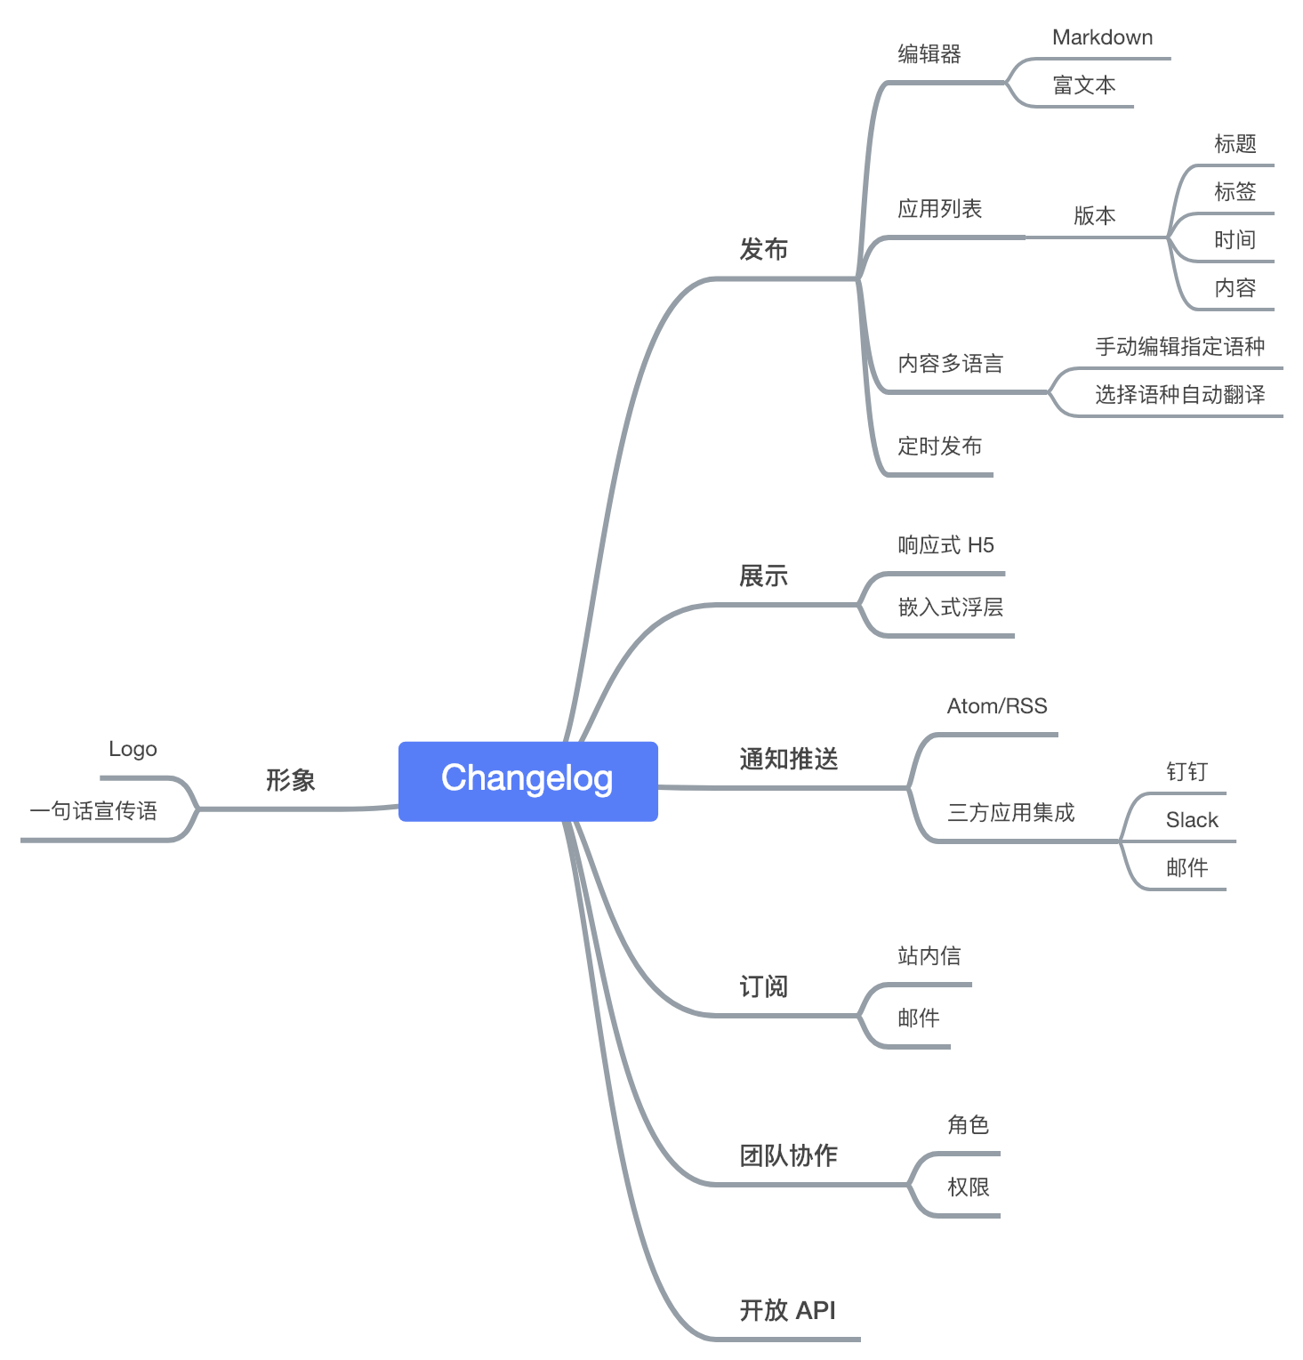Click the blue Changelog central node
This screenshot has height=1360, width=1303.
pyautogui.click(x=528, y=780)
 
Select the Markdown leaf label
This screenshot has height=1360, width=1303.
pyautogui.click(x=1102, y=37)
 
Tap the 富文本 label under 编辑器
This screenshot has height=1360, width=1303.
pyautogui.click(x=1083, y=85)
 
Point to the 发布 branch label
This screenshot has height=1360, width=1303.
pyautogui.click(x=763, y=250)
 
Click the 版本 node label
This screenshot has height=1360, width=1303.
pyautogui.click(x=1094, y=215)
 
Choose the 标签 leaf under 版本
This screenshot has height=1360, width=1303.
pyautogui.click(x=1235, y=192)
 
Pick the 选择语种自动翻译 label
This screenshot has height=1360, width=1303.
pyautogui.click(x=1179, y=395)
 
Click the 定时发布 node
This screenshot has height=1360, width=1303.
pyautogui.click(x=939, y=447)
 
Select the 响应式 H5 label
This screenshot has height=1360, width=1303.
pyautogui.click(x=945, y=545)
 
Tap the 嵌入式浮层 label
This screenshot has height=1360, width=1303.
pyautogui.click(x=950, y=608)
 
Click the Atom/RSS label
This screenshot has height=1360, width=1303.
pyautogui.click(x=996, y=706)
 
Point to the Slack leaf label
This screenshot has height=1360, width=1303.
pyautogui.click(x=1192, y=820)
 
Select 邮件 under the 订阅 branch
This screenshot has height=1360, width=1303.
pyautogui.click(x=918, y=1018)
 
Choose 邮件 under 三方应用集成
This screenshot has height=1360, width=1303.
pyautogui.click(x=1186, y=868)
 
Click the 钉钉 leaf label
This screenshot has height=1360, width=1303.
pyautogui.click(x=1186, y=772)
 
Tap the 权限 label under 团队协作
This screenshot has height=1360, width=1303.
pyautogui.click(x=968, y=1187)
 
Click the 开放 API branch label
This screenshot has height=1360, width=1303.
pyautogui.click(x=787, y=1310)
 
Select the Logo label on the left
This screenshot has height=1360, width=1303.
pyautogui.click(x=133, y=749)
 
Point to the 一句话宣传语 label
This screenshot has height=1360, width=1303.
pyautogui.click(x=93, y=811)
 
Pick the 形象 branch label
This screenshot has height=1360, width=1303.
pyautogui.click(x=290, y=780)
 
